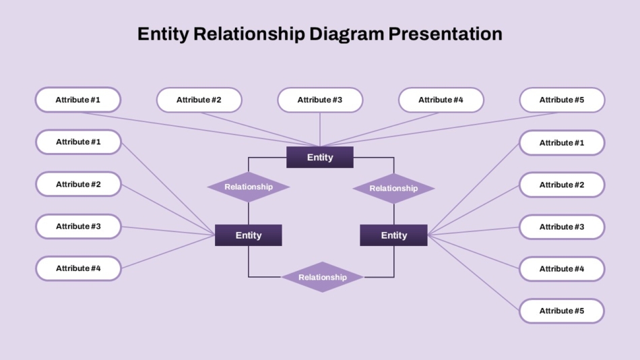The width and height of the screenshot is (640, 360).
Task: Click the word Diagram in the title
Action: (346, 34)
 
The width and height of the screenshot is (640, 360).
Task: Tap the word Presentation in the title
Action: (445, 34)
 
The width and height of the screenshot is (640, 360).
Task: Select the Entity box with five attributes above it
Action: (320, 157)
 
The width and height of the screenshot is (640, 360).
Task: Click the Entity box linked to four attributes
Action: (249, 235)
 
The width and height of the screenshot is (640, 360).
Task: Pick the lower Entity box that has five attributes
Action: (394, 235)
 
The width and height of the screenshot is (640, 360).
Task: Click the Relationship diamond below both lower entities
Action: (323, 277)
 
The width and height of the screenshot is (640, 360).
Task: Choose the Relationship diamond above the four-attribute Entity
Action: (249, 187)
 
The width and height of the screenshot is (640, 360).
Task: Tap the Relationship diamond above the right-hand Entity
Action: (394, 188)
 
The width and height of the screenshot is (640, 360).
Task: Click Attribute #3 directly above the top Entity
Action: (320, 100)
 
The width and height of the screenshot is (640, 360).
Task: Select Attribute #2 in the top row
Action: (199, 100)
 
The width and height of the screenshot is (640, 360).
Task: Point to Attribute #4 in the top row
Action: (441, 100)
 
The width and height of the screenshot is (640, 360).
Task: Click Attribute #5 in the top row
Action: (562, 100)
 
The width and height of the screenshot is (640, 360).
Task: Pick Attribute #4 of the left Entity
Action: (78, 268)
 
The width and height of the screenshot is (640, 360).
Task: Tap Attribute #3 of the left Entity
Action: (78, 227)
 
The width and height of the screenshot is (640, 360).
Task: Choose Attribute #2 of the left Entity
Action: (78, 184)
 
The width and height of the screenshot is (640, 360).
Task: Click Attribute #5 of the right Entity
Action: (562, 311)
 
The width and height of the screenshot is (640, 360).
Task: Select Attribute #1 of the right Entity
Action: (562, 143)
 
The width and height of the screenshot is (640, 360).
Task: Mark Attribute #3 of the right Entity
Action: (562, 227)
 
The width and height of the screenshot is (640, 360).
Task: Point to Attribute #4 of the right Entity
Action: (562, 269)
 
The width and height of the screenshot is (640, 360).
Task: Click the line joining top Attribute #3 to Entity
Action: (320, 129)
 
